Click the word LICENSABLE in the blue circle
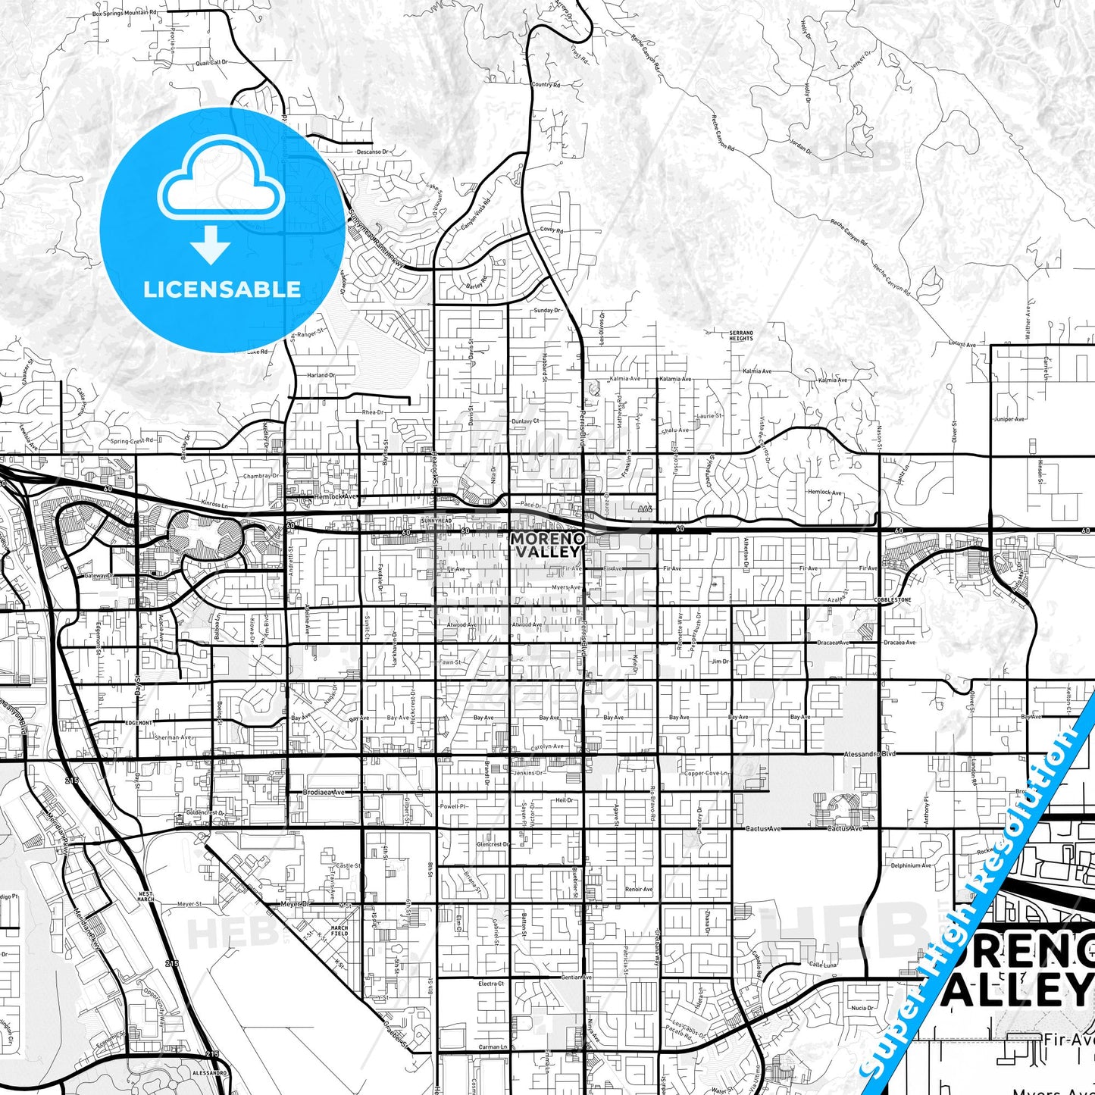coord(222,289)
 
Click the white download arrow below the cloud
coord(211,243)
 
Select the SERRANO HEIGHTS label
coord(741,336)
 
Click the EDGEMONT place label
coord(139,723)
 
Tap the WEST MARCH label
coord(145,897)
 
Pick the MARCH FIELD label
coord(339,931)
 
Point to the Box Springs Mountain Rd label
coord(124,14)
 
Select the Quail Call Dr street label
coord(211,63)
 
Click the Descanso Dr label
coord(371,152)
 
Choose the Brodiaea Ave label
coord(324,792)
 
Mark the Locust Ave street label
coord(962,344)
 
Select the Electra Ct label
coord(491,984)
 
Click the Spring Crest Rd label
coord(132,440)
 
